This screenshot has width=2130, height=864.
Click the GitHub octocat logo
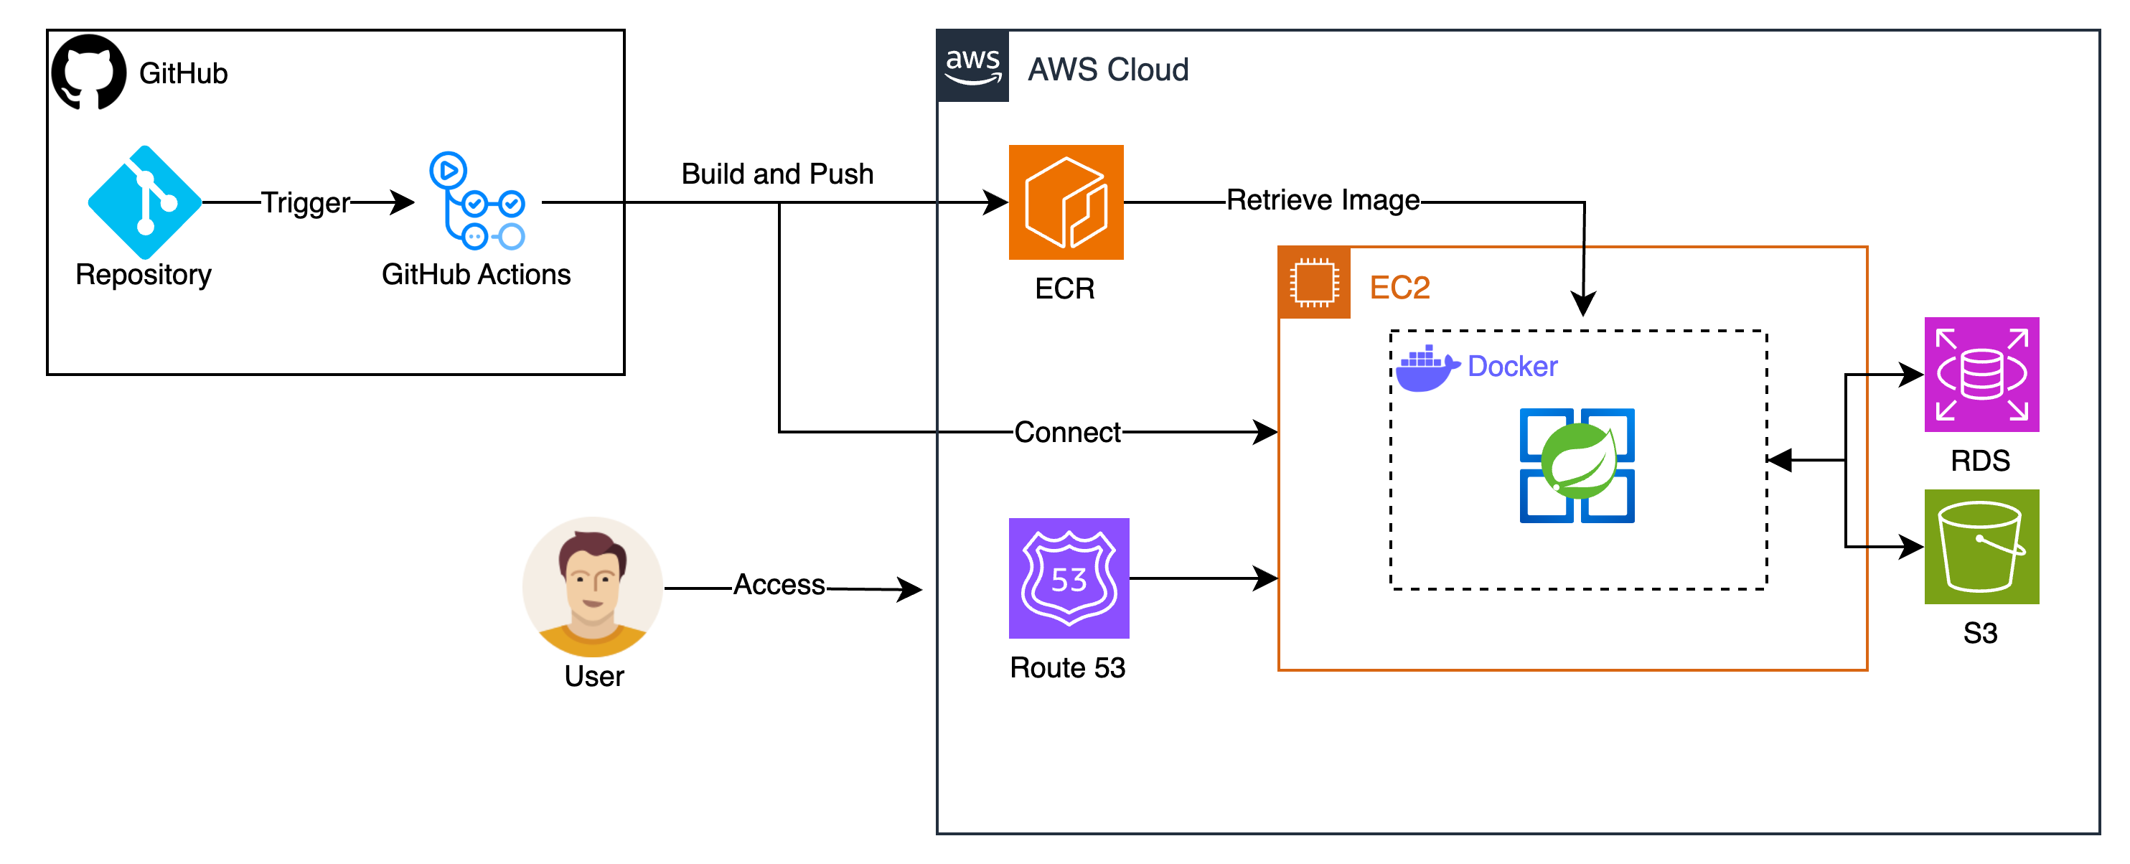pos(88,72)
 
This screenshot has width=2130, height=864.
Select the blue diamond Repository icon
pos(145,202)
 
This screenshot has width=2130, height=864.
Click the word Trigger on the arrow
pos(305,202)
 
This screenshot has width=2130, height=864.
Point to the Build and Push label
pos(777,174)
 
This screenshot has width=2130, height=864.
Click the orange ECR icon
pos(1065,202)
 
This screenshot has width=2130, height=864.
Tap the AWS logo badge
pos(972,66)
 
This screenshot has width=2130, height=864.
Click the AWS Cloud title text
pos(1107,70)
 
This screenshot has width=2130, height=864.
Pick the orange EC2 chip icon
pos(1313,283)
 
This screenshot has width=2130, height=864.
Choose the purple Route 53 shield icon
pos(1069,578)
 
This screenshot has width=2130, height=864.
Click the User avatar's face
pos(592,579)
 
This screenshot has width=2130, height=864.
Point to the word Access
pos(778,585)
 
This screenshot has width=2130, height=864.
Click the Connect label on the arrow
pos(1066,431)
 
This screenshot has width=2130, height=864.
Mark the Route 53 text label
pos(1066,667)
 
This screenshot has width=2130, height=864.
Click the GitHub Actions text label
pos(475,275)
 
